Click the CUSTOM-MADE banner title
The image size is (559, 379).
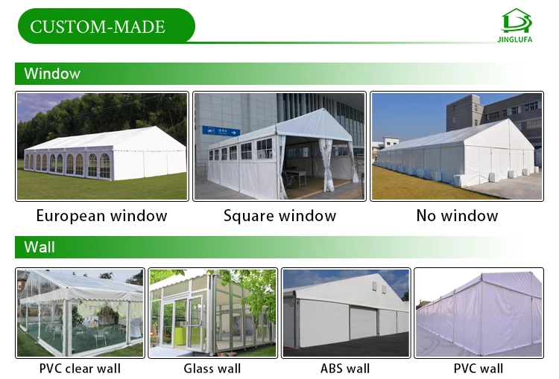click(x=98, y=27)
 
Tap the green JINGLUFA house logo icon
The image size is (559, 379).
click(x=517, y=20)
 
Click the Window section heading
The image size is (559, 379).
click(x=51, y=74)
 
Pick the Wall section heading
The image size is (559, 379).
click(x=40, y=246)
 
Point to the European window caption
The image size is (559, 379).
click(x=101, y=216)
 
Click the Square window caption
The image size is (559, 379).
click(x=279, y=216)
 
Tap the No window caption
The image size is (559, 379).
click(x=457, y=216)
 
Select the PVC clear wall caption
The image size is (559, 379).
click(x=80, y=368)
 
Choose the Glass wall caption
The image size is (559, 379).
click(x=212, y=368)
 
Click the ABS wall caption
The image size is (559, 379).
click(x=345, y=368)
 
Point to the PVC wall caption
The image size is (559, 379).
click(x=479, y=368)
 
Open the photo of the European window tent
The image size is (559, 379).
click(x=101, y=146)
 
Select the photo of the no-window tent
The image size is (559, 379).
click(x=457, y=146)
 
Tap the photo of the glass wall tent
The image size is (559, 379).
click(x=212, y=313)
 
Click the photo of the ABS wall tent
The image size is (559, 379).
click(x=346, y=313)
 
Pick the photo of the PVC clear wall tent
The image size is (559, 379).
click(x=80, y=313)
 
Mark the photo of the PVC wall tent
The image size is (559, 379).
click(x=479, y=313)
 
